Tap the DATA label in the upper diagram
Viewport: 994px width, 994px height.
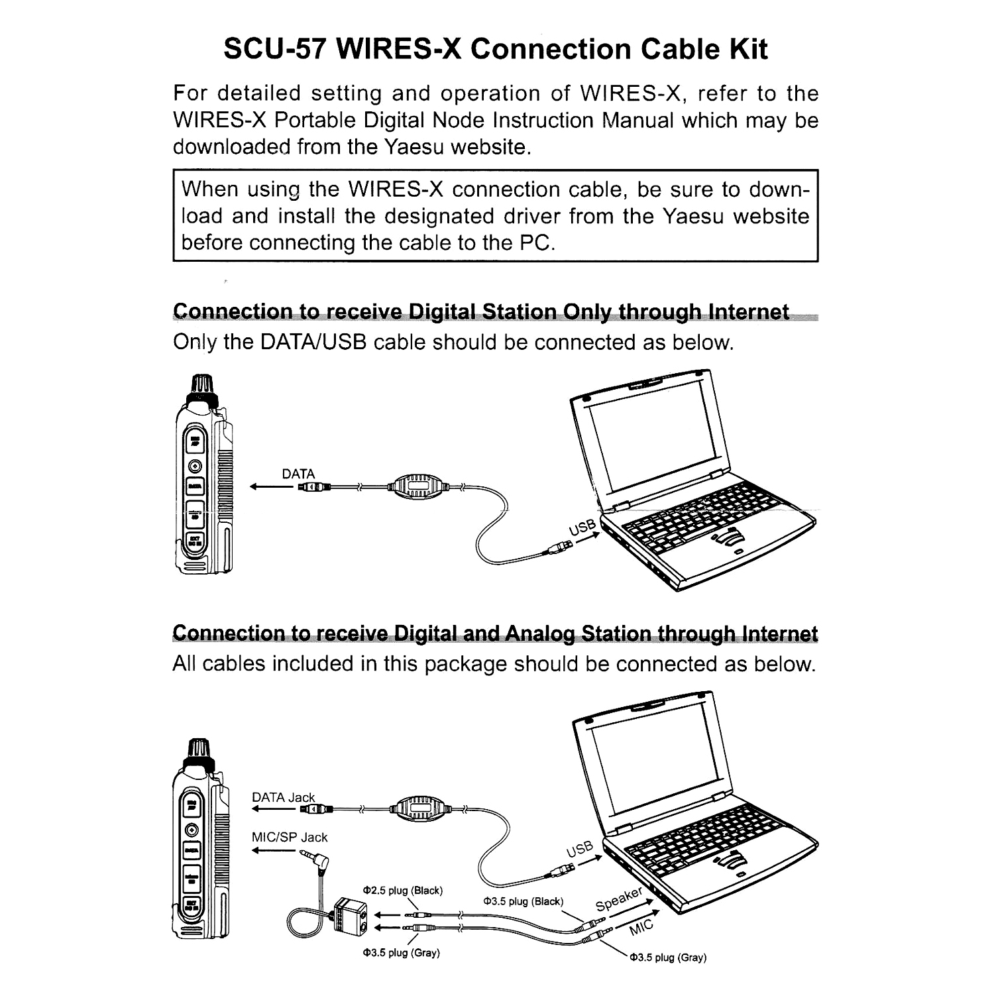tap(298, 474)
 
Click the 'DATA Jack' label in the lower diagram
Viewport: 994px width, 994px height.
tap(283, 797)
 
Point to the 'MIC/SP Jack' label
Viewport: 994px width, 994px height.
tap(290, 837)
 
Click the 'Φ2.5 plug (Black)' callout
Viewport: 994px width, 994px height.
tap(402, 890)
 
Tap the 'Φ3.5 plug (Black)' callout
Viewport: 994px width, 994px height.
tap(524, 901)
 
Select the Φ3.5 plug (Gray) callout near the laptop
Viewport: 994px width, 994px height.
tap(667, 957)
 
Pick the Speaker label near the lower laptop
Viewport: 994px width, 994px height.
tap(619, 899)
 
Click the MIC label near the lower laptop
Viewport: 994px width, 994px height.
tap(641, 927)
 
